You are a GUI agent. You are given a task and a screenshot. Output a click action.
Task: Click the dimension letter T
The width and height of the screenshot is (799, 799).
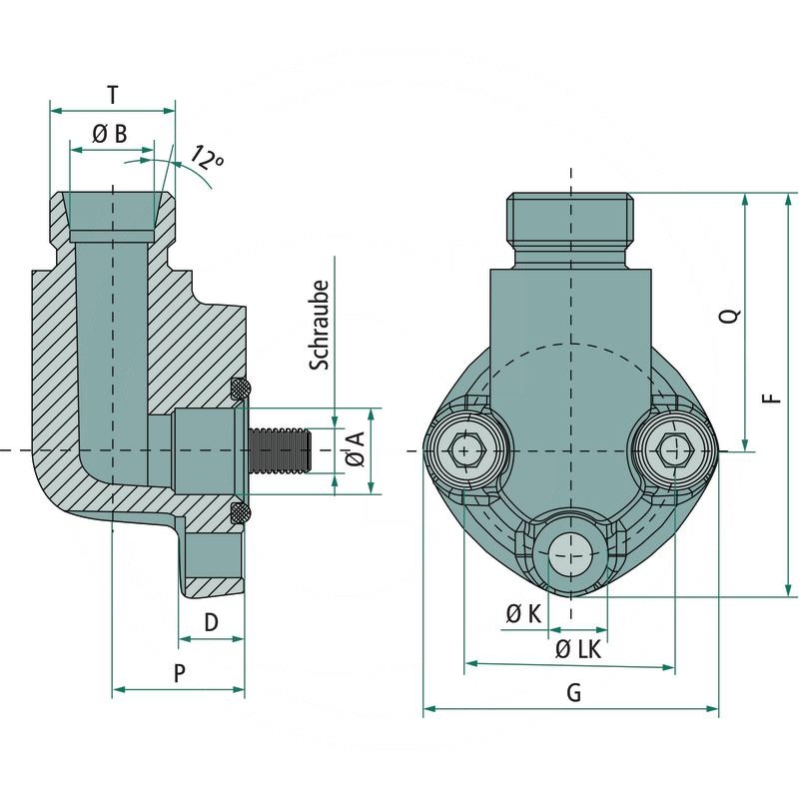(113, 95)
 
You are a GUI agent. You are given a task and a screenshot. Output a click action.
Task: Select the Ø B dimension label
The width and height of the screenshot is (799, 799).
(110, 135)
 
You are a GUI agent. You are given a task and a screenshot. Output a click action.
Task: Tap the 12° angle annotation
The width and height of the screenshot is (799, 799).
(207, 157)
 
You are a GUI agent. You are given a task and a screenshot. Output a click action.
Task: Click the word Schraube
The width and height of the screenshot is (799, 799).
(320, 326)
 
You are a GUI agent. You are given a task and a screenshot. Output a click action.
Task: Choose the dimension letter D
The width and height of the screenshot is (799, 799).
(211, 622)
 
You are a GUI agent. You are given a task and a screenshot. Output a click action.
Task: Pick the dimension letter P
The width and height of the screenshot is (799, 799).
(179, 673)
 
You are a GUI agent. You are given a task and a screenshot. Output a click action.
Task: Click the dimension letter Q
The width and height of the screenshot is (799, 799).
(731, 317)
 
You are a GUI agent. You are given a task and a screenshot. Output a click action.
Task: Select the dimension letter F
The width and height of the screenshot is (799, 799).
(771, 396)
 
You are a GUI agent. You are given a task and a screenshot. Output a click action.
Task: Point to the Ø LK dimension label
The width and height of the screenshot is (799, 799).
(577, 649)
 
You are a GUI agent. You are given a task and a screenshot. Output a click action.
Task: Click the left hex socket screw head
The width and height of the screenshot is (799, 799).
(464, 452)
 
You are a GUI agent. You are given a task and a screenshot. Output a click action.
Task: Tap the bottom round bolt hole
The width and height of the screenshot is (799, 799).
(570, 552)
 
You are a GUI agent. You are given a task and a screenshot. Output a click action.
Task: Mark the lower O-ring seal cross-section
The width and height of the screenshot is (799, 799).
(241, 513)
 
